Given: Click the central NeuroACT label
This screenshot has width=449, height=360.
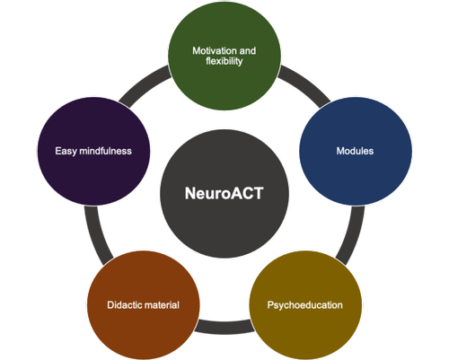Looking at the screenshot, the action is point(224,193).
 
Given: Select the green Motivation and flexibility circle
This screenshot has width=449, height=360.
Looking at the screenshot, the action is point(224,56).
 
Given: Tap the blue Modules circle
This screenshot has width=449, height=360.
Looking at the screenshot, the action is point(356,151).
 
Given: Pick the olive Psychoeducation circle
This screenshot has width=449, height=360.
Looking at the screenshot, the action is point(305,305).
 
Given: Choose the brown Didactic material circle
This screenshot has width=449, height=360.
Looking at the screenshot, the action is point(144,305).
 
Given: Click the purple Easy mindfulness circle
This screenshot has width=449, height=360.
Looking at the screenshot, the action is point(93,151).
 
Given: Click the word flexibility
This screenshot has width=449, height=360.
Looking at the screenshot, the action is point(224,61).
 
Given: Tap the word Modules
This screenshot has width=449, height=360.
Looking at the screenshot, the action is point(355,151).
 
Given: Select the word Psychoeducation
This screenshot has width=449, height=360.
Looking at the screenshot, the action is point(305,305).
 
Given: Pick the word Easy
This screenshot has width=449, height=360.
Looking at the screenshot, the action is point(66,151).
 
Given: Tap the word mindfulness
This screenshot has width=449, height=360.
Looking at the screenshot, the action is point(105,151).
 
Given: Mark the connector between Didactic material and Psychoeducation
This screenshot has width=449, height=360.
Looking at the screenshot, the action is point(224,327).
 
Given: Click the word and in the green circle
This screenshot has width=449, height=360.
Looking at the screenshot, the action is point(248,50).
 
